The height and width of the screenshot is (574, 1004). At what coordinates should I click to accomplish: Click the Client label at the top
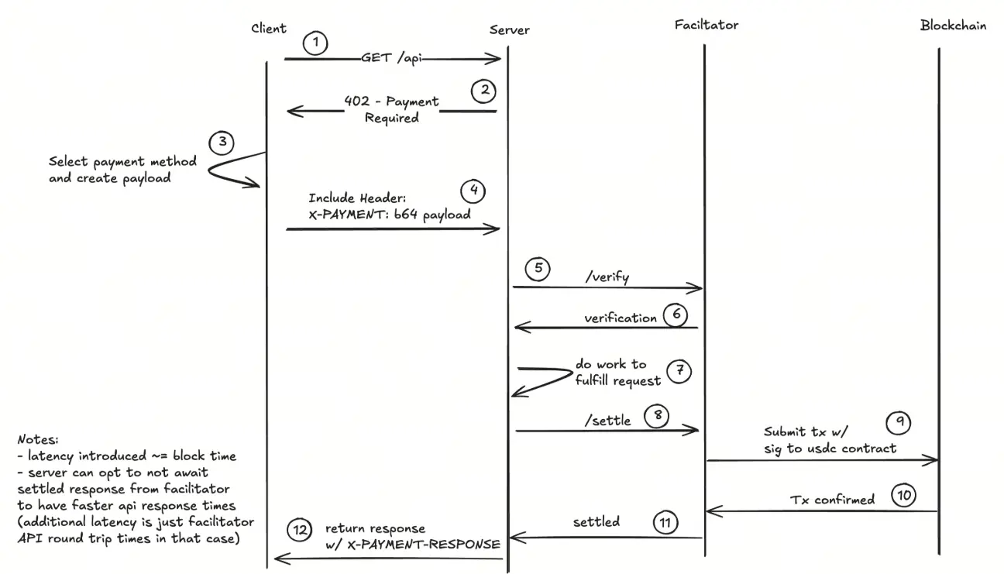269,29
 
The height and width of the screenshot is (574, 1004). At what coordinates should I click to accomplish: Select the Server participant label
509,30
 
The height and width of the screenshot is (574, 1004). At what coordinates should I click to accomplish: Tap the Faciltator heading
706,25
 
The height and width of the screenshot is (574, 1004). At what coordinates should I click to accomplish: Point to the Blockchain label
953,25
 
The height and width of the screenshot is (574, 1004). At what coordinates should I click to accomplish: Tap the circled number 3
222,142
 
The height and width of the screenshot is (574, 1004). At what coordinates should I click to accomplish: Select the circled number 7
679,370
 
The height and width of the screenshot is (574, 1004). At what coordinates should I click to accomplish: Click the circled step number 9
899,423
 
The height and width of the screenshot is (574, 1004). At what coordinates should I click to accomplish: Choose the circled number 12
299,530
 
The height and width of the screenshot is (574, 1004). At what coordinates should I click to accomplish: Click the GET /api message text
391,58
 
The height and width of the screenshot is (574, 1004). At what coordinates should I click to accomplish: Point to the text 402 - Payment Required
391,109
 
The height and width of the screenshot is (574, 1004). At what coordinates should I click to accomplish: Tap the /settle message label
608,421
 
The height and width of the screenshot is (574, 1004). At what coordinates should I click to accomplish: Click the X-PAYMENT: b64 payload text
390,215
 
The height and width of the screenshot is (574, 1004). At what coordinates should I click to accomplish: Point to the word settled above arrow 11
596,521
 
